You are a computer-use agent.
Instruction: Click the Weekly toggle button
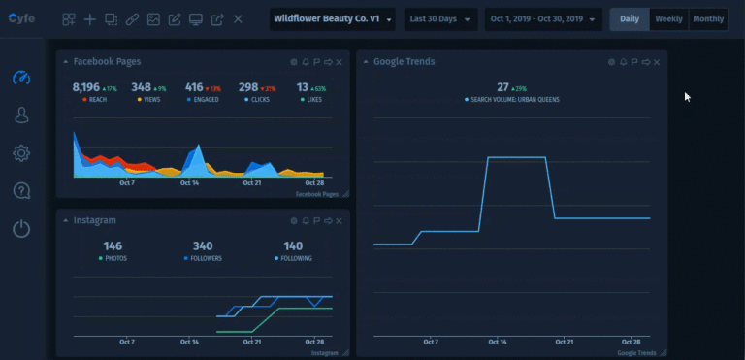pos(668,19)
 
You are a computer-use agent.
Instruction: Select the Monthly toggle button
pos(707,19)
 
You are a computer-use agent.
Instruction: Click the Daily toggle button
pos(630,19)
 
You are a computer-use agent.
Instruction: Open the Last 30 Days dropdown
pos(440,19)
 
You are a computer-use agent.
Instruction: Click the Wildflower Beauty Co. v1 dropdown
pos(333,19)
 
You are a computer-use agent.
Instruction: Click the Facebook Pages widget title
pos(107,62)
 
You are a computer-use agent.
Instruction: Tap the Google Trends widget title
pos(404,62)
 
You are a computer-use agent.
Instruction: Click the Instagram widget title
pos(94,221)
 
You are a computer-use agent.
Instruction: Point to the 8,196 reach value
pos(86,87)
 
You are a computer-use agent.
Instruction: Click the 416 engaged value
pos(194,87)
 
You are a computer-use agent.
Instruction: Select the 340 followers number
pos(203,246)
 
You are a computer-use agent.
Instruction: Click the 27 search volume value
pos(502,87)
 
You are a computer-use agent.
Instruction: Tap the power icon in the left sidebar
pos(21,229)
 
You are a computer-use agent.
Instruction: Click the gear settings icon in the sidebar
pos(21,152)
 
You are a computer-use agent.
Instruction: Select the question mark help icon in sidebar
pos(21,191)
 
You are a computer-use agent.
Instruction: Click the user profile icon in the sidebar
pos(21,115)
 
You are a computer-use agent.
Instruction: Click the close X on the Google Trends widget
pos(657,62)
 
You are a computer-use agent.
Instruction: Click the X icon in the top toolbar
pos(239,19)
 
